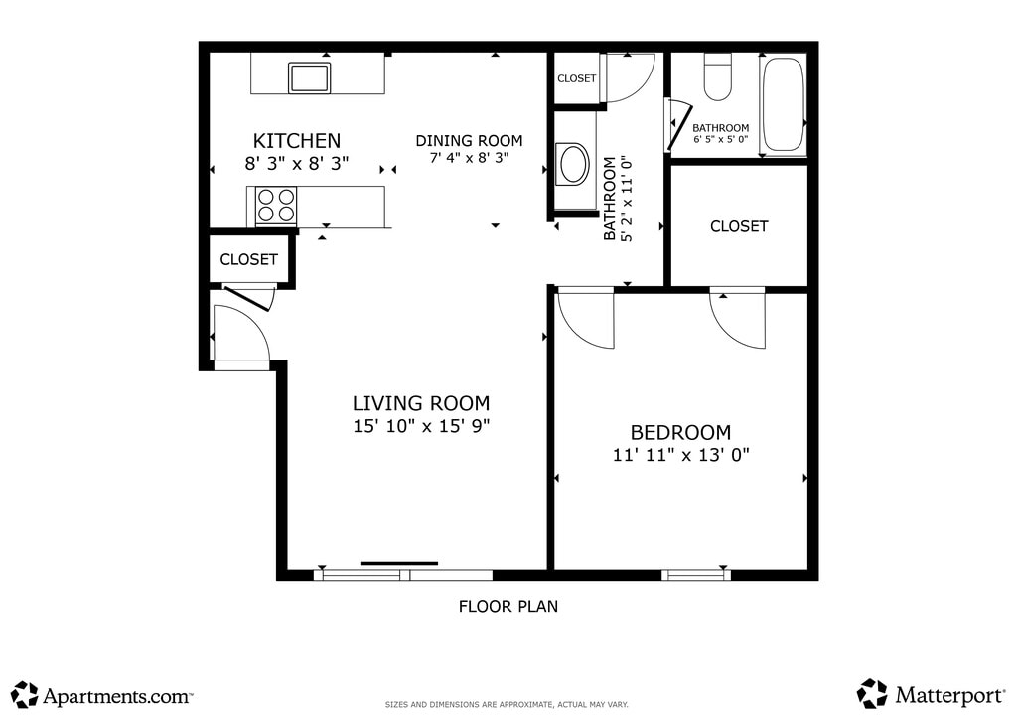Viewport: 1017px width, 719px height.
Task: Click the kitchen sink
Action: pos(310,77)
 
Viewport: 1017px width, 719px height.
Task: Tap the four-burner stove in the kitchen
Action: pos(276,205)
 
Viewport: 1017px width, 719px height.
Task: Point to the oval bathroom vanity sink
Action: pos(573,165)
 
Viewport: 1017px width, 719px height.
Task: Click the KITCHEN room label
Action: pos(296,141)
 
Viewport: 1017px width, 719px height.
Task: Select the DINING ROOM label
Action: pos(469,141)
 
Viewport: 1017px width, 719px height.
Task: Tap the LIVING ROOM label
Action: pos(421,403)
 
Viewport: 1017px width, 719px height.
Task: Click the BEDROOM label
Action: pos(680,432)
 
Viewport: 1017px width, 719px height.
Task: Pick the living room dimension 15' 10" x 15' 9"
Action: pos(421,426)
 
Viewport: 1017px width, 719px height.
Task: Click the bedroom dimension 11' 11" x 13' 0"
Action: pos(681,455)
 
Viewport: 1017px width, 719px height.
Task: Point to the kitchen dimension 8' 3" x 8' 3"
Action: pos(296,164)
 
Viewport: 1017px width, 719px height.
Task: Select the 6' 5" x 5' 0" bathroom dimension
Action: pos(721,139)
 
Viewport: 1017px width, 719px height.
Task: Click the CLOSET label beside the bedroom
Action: pos(739,226)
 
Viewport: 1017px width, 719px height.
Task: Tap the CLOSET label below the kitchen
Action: pos(248,259)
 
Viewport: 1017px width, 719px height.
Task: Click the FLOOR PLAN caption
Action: pos(508,606)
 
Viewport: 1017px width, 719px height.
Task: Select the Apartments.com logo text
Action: pos(117,696)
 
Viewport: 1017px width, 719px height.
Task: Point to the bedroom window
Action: pos(696,574)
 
